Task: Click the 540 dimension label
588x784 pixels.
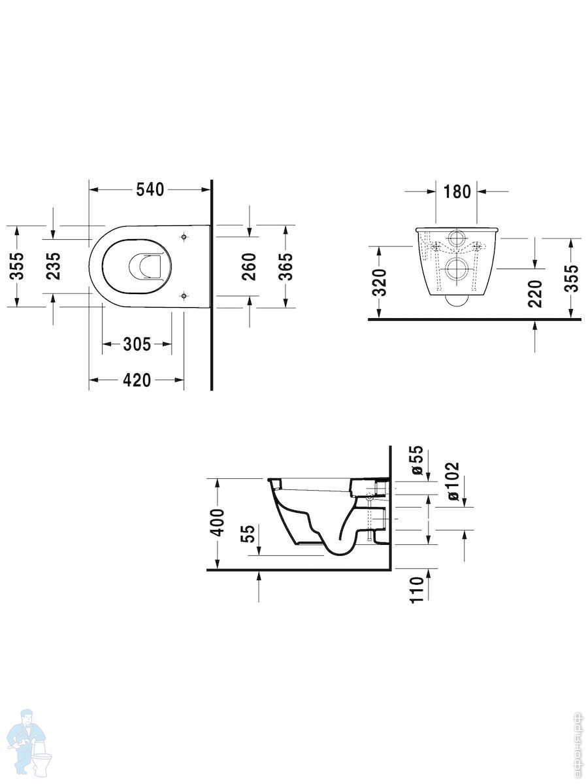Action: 150,189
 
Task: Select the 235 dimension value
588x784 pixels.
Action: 54,266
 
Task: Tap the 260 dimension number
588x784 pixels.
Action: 249,267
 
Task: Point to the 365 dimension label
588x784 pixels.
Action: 285,267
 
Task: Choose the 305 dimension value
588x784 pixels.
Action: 137,344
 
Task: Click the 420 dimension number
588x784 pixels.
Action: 137,380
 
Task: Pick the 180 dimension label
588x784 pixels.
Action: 457,192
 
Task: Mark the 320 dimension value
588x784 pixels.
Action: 379,282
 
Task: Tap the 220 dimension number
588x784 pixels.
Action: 534,294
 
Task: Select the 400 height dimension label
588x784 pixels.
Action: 218,523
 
